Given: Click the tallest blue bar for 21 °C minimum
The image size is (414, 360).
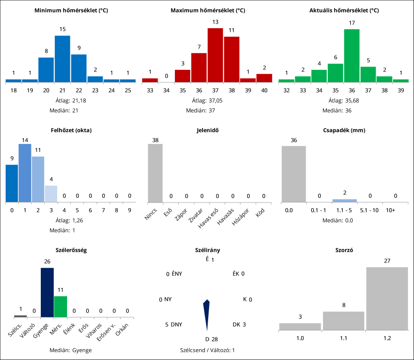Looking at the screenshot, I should click(x=62, y=59).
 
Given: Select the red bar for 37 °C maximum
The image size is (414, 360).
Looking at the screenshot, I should click(x=215, y=55).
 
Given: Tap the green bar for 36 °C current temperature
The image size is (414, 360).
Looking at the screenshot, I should click(x=352, y=56).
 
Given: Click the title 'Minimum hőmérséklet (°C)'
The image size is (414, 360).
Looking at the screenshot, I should click(x=71, y=10).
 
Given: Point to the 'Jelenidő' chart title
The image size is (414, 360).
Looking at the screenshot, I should click(x=207, y=130).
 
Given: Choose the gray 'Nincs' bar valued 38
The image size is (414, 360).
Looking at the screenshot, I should click(x=155, y=173).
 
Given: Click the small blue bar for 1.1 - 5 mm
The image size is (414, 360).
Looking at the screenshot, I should click(x=345, y=201).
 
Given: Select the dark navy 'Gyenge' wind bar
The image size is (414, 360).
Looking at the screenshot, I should click(x=47, y=292).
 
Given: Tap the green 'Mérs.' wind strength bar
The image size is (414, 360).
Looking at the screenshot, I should click(x=60, y=307).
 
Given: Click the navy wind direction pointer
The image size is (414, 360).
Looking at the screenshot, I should click(x=206, y=316).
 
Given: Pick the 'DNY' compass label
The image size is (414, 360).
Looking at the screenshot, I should click(x=176, y=324).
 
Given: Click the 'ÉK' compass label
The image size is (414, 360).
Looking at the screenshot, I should click(x=236, y=274).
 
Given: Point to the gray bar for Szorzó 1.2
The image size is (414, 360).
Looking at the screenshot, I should click(x=387, y=299).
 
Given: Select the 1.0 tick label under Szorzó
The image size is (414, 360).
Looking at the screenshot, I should click(x=300, y=338).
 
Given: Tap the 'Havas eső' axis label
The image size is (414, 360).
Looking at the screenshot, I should click(x=209, y=217).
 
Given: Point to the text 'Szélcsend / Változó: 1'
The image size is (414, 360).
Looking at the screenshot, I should click(x=207, y=350).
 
